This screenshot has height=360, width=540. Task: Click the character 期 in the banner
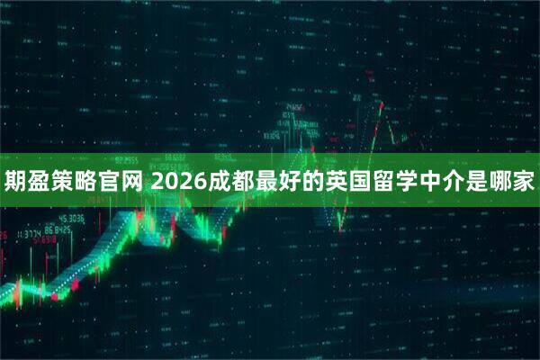pos(16,184)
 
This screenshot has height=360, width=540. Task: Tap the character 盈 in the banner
pos(40,184)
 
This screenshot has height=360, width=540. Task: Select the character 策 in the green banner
pos(65,184)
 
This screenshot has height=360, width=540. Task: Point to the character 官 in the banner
pos(112,184)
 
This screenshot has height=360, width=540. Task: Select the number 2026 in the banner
pos(177,184)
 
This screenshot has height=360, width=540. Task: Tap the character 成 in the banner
pos(217,184)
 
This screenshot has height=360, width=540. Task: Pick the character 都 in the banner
pos(241,184)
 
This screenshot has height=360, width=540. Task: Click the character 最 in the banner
pos(265,184)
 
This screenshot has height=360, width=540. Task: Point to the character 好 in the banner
pos(290,184)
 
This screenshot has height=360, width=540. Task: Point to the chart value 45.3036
pos(71,218)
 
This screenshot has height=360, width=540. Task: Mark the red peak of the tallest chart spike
pos(382,105)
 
